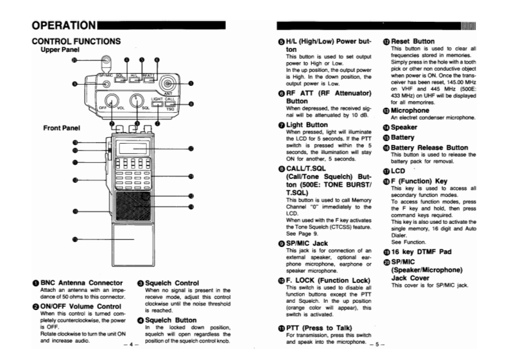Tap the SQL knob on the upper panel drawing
point(136,100)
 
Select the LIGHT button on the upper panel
point(157,103)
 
